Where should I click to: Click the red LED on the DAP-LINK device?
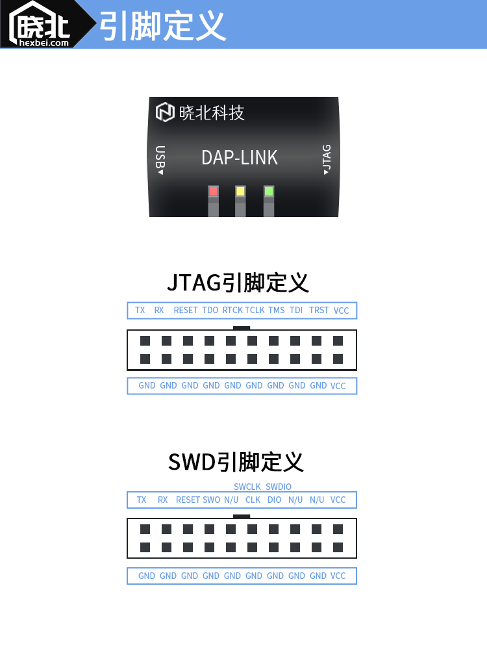(x=213, y=191)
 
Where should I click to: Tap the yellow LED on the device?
(x=240, y=191)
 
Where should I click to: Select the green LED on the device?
(x=269, y=191)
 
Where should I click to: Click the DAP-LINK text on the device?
(x=240, y=158)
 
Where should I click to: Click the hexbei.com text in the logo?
(x=44, y=43)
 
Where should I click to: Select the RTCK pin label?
(x=232, y=311)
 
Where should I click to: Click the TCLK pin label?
(x=255, y=311)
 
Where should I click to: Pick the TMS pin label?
(x=276, y=311)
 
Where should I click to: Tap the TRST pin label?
(x=319, y=311)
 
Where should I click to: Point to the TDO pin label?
(x=210, y=311)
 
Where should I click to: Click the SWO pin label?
(x=212, y=500)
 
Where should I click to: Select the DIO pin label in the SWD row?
(x=275, y=500)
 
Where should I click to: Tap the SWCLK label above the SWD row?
(x=247, y=487)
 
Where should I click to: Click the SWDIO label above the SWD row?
(x=279, y=487)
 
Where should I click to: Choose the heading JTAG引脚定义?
(x=238, y=283)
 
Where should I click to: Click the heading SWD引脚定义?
(x=236, y=462)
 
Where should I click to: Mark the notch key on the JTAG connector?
(x=242, y=328)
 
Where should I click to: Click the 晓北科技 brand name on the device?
(x=212, y=113)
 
